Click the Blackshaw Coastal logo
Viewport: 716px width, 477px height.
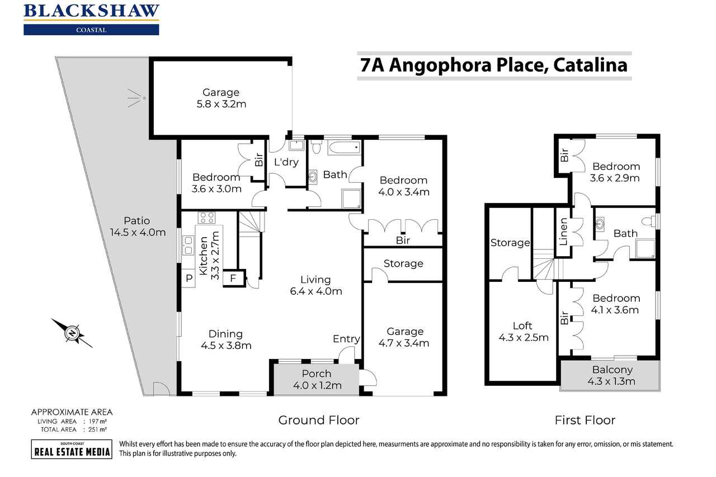coord(91,19)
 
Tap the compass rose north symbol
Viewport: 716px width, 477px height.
coord(73,333)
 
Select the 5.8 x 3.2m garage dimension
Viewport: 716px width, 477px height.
coord(221,104)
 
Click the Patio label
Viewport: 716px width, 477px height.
coord(137,220)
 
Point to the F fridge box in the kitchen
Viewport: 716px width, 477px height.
coord(234,278)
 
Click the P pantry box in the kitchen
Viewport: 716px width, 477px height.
coord(189,278)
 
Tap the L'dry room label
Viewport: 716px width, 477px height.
coord(286,162)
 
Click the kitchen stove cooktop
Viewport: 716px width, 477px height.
coord(207,218)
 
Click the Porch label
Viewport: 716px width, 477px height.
coord(317,374)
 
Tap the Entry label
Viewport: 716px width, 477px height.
coord(346,339)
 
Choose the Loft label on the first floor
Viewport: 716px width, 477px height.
coord(522,325)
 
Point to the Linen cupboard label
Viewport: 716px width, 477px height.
coord(563,232)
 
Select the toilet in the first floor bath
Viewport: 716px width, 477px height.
coord(649,221)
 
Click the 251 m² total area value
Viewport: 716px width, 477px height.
coord(97,429)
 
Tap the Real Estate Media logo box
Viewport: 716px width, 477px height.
coord(72,449)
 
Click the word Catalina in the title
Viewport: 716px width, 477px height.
coord(590,65)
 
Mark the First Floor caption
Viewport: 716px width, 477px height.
coord(585,420)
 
